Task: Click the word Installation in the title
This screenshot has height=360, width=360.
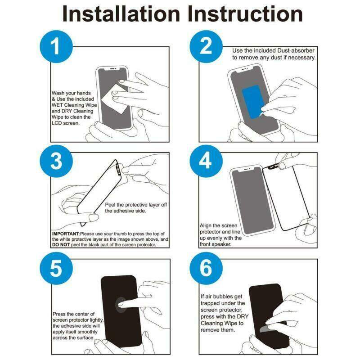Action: coord(121,14)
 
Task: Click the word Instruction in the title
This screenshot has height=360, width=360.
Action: coord(245,14)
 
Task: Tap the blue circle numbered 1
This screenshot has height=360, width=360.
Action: coord(56,47)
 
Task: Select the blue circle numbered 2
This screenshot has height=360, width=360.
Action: coord(206,47)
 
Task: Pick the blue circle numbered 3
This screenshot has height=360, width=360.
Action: coord(56,161)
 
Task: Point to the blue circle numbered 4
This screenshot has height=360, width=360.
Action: coord(206,161)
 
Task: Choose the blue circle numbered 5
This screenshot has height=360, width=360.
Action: coord(56,268)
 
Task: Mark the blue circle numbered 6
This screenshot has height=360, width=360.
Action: coord(206,268)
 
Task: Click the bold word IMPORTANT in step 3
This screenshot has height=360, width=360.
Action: coord(65,234)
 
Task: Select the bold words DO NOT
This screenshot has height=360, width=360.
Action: coord(61,245)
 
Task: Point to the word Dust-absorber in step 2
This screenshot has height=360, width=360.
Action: coord(296,50)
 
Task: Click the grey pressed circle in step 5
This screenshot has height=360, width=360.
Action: coord(121,305)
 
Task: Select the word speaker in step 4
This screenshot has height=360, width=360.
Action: coord(222,244)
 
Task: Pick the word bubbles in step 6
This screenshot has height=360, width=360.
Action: coord(223,297)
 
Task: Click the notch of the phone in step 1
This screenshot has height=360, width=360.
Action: coord(112,69)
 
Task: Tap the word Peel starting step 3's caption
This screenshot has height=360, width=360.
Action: coord(110,205)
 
